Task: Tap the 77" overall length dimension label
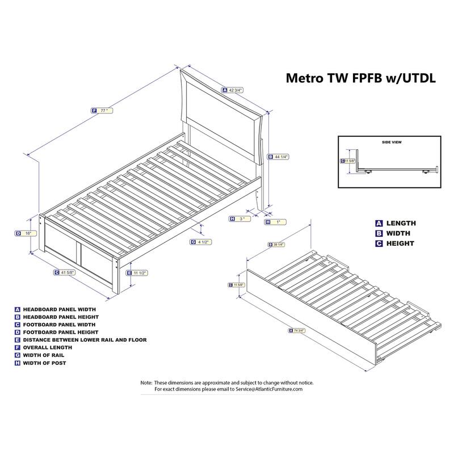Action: coord(103,111)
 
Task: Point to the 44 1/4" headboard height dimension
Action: coord(281,157)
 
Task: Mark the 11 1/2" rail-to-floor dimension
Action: coord(140,273)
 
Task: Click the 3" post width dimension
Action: coord(241,218)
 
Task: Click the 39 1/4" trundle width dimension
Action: coord(279,245)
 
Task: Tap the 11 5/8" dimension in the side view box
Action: coord(350,161)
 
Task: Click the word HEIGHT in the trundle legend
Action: coord(400,243)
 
